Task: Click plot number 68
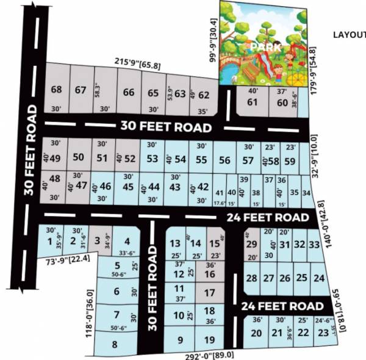tap(57, 90)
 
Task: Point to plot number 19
tap(209, 340)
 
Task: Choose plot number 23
tap(322, 333)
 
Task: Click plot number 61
tap(253, 102)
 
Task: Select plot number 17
tap(209, 293)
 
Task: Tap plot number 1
tap(49, 242)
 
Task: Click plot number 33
tap(314, 245)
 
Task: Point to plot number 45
tap(128, 187)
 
